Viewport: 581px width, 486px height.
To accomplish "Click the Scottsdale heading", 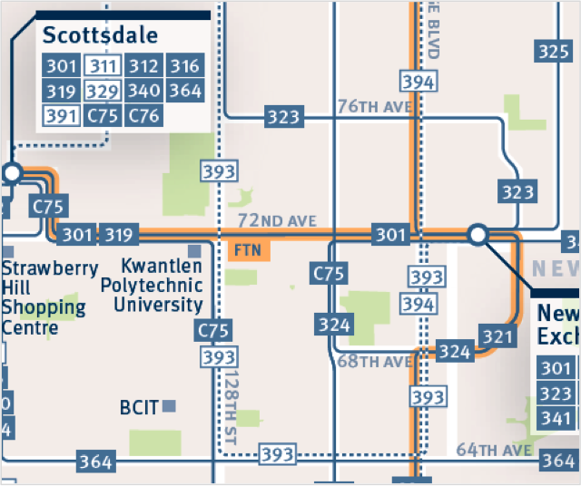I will coord(100,36).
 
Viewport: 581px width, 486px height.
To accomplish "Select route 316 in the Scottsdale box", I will coord(185,65).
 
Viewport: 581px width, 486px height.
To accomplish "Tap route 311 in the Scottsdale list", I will coord(102,65).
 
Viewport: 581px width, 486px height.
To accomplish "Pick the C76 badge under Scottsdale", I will coord(143,115).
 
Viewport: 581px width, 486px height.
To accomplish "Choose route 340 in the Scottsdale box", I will coord(143,91).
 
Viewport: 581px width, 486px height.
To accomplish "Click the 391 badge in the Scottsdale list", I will coord(60,115).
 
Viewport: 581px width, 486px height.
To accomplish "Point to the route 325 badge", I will coord(552,52).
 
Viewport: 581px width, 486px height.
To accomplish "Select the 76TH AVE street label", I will coord(375,107).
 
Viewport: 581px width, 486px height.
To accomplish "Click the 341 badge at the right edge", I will coord(556,419).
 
